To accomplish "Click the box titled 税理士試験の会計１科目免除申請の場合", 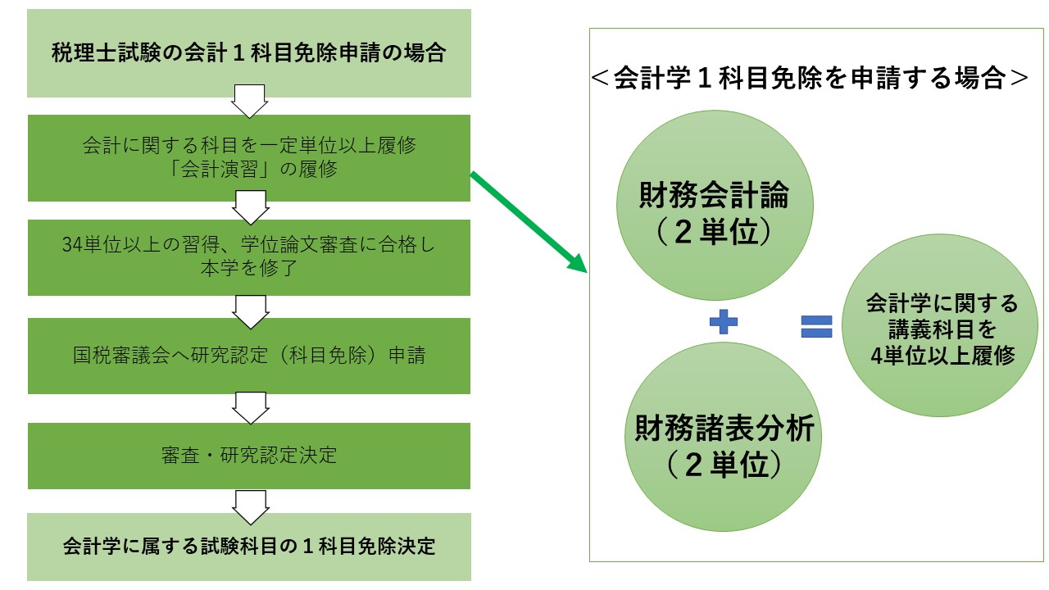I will pos(249,54).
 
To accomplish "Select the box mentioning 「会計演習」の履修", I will pos(249,158).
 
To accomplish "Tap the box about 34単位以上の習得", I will pos(249,257).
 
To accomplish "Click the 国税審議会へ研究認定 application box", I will pos(249,356).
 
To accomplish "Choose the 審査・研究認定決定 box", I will pos(249,456).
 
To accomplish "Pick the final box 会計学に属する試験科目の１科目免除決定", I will pos(249,547).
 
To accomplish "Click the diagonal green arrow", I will pos(529,222).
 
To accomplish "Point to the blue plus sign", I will pos(724,323).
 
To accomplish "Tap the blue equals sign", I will pos(816,326).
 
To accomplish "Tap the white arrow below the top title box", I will pos(249,99).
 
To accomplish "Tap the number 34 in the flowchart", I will pos(71,243).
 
